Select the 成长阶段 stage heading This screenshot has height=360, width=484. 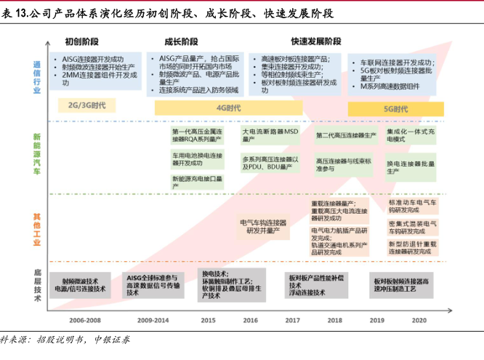tap(182, 41)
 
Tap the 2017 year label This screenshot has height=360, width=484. tap(293, 320)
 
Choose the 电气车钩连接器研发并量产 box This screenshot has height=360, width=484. tap(263, 226)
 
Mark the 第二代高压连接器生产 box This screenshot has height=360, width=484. tap(346, 135)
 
